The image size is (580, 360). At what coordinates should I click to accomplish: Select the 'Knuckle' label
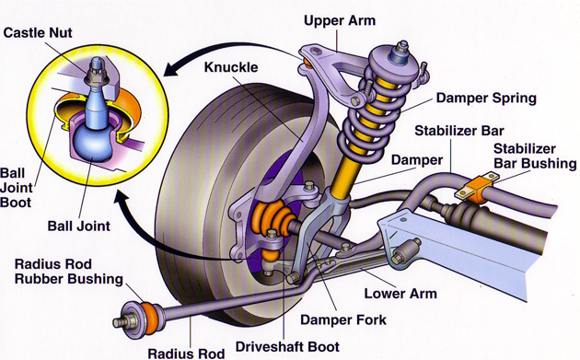point(232,66)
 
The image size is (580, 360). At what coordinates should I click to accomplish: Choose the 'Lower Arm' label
point(400,295)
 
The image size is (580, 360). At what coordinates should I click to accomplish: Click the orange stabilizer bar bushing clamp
point(470,190)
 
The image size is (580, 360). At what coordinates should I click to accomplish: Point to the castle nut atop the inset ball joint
point(99,66)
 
